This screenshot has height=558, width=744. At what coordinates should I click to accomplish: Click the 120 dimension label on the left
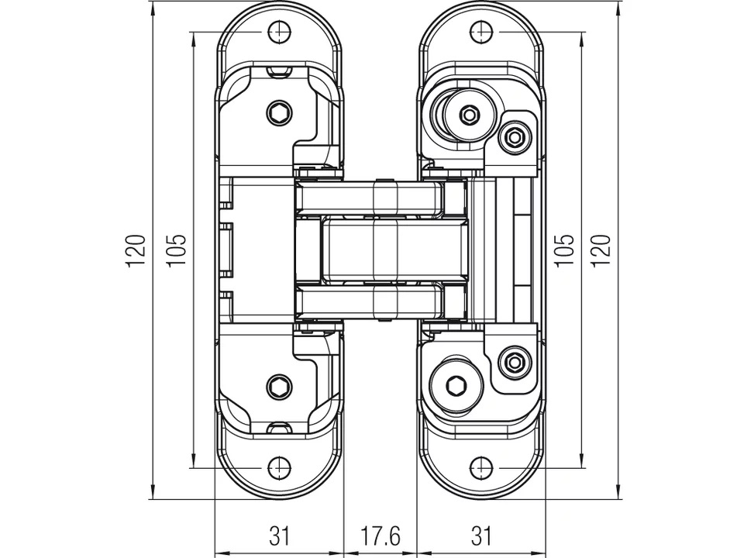coord(136,250)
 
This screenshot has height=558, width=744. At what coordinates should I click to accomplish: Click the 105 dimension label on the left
coord(177,250)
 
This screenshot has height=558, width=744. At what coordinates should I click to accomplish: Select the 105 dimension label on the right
coord(565,250)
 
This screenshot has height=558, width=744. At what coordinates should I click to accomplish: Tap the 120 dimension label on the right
coord(603,250)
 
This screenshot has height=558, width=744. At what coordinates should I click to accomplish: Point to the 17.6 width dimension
coord(380,535)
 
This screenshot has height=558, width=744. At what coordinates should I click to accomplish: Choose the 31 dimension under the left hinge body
coord(279,535)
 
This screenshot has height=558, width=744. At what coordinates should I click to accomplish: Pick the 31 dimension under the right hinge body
coord(481,535)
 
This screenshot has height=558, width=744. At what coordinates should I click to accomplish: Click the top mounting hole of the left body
coord(279,32)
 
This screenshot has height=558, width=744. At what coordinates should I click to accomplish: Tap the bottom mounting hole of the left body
coord(279,468)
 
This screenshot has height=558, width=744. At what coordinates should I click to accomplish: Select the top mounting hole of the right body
coord(481,32)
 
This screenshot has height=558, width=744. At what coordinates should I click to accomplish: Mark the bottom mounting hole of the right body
coord(481,468)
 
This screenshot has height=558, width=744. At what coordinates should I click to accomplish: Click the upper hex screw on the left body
coord(279,113)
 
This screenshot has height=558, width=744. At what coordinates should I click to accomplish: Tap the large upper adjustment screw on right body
coord(469,115)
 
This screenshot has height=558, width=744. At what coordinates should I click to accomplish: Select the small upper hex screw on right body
coord(514,138)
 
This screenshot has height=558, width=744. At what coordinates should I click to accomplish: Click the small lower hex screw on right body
coord(514,362)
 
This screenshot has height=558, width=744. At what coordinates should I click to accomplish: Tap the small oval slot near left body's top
coord(279,72)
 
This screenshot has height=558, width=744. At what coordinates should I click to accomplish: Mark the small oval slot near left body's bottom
coord(279,428)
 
